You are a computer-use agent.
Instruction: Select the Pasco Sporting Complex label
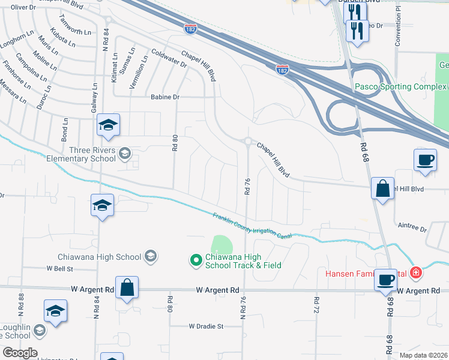[400, 86]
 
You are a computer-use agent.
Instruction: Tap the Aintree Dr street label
[412, 229]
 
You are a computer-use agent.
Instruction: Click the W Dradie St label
[206, 326]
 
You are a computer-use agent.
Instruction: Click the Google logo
[19, 353]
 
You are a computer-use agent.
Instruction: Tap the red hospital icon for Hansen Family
[415, 274]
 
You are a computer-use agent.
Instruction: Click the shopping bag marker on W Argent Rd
[127, 287]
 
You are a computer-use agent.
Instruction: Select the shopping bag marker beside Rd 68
[382, 188]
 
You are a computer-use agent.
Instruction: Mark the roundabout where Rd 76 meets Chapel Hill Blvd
[247, 142]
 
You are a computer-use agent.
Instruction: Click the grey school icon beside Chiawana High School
[150, 257]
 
